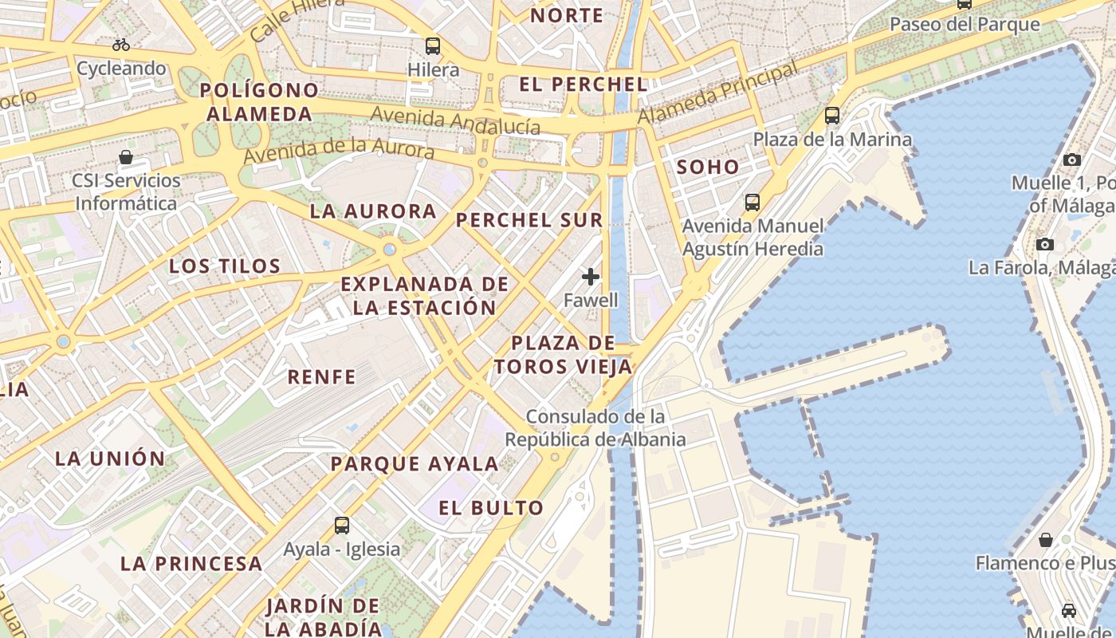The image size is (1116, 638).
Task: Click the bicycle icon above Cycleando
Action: tap(121, 45)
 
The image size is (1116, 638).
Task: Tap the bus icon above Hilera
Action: tap(433, 46)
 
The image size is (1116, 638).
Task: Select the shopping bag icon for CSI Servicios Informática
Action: tap(126, 156)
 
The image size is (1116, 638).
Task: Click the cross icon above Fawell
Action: tap(591, 277)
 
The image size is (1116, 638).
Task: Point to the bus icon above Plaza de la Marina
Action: tap(832, 116)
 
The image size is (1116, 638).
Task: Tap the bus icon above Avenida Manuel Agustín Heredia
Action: tap(752, 203)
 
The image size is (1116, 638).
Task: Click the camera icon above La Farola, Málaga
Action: tap(1045, 244)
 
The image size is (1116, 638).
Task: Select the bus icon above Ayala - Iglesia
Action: tap(342, 526)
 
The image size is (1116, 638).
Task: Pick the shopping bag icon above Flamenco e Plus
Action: tap(1046, 540)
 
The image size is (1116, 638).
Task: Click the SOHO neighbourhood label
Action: tap(708, 167)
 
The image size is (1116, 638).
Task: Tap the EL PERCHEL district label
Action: tap(583, 84)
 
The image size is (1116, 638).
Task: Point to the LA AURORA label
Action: tap(373, 211)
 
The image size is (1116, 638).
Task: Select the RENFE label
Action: tap(321, 377)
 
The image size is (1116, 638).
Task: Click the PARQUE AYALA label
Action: tap(415, 463)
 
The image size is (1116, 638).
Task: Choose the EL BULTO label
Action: tap(491, 508)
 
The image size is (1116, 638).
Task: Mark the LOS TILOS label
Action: tap(225, 266)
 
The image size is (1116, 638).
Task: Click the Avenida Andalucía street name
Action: tap(455, 120)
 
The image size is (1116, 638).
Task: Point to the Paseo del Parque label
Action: tap(965, 24)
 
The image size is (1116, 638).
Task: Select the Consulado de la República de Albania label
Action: tap(595, 427)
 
